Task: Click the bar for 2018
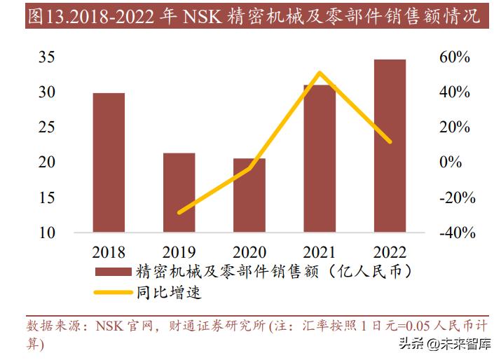coord(109,162)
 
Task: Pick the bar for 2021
coord(320,158)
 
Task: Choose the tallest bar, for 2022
coord(390,146)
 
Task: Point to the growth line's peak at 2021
coord(320,73)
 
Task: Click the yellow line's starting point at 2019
coord(179,212)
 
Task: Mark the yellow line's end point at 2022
coord(390,141)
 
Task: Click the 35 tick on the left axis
coord(46,57)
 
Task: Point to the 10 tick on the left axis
coord(46,233)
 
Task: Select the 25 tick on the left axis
coord(46,127)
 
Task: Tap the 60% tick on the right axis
coord(454,57)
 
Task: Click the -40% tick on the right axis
coord(457,233)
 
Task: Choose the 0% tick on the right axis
coord(451,162)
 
